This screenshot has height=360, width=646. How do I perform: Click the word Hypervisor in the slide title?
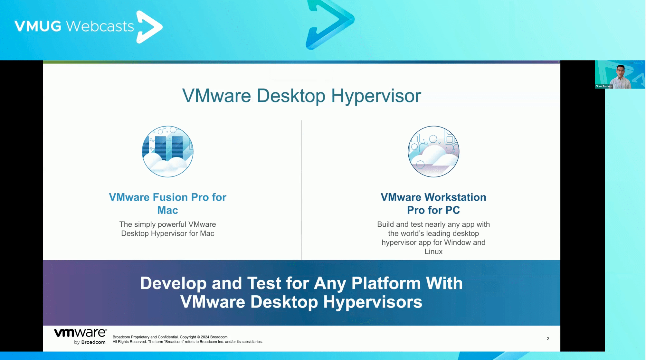click(x=376, y=96)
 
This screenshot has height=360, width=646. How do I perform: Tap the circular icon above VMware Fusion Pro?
click(x=168, y=151)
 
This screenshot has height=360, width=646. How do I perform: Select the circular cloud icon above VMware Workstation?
click(x=433, y=151)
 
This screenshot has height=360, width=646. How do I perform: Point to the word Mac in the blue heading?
click(x=167, y=210)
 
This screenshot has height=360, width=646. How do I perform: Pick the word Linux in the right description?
click(x=433, y=251)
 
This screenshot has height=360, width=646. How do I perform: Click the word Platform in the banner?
click(x=386, y=283)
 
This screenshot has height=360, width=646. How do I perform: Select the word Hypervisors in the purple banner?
click(x=373, y=302)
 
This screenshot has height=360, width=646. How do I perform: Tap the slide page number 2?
click(x=548, y=338)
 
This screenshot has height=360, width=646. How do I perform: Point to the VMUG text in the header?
click(x=38, y=26)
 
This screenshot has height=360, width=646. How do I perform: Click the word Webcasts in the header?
click(x=100, y=26)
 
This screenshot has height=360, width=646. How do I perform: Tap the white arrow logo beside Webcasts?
click(x=149, y=27)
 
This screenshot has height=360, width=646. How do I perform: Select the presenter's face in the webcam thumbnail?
click(x=620, y=71)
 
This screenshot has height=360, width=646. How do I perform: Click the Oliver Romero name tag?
click(x=603, y=86)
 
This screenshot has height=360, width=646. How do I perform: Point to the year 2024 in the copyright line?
click(x=205, y=337)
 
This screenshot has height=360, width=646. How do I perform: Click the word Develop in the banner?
click(x=173, y=284)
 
